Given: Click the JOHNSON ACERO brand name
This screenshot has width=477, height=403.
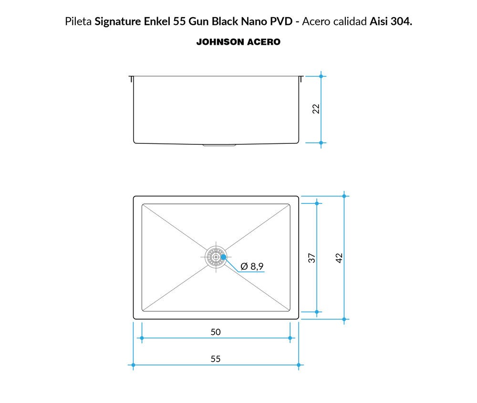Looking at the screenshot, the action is click(x=238, y=42).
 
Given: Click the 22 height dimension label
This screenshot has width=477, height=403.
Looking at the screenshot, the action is click(x=316, y=109).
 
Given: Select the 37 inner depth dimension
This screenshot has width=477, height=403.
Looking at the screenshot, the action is click(x=312, y=258).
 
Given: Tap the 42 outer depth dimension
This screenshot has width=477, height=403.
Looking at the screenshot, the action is click(x=339, y=258).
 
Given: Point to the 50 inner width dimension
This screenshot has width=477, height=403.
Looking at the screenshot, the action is click(x=216, y=332).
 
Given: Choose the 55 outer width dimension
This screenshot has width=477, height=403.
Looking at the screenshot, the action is click(x=216, y=359).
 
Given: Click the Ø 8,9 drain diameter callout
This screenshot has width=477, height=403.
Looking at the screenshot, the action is click(x=252, y=266).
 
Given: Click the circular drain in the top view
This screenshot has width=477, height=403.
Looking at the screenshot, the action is click(x=216, y=257).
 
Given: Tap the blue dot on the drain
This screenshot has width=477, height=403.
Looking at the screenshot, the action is click(x=224, y=257).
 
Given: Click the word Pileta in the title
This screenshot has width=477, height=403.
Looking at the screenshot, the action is click(x=78, y=21).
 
